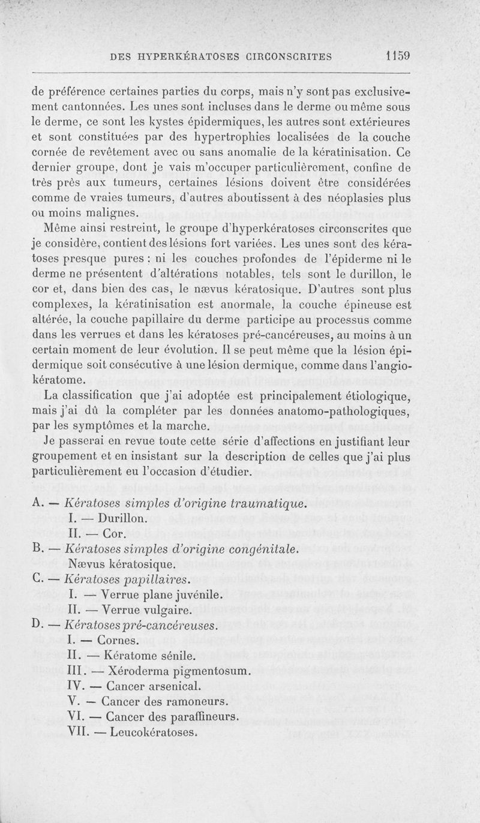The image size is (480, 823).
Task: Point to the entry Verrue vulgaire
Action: click(148, 611)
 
